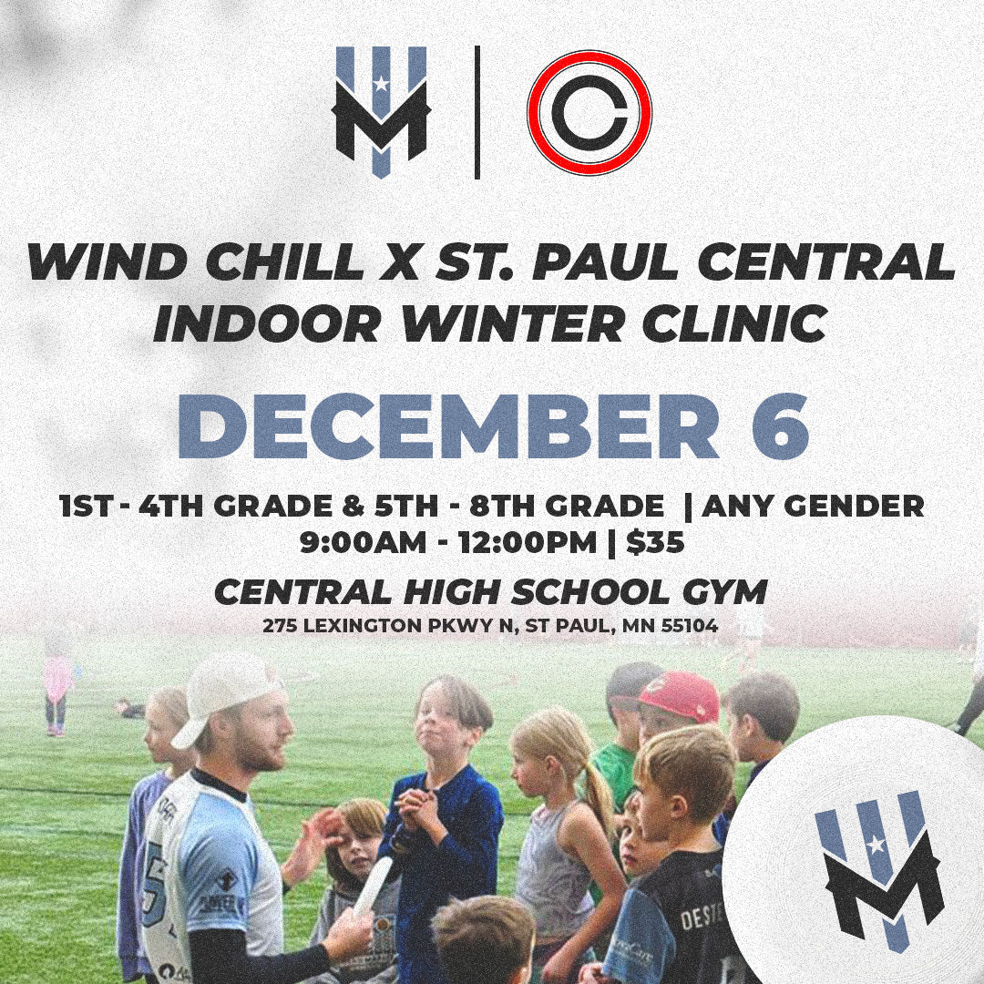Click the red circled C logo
[589, 112]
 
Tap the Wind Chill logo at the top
[381, 113]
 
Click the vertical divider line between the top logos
[477, 112]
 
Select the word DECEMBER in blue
[448, 426]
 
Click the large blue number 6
[780, 426]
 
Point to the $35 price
[655, 542]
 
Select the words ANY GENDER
[814, 506]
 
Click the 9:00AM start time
[363, 543]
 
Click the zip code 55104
[690, 626]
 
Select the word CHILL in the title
[284, 262]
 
